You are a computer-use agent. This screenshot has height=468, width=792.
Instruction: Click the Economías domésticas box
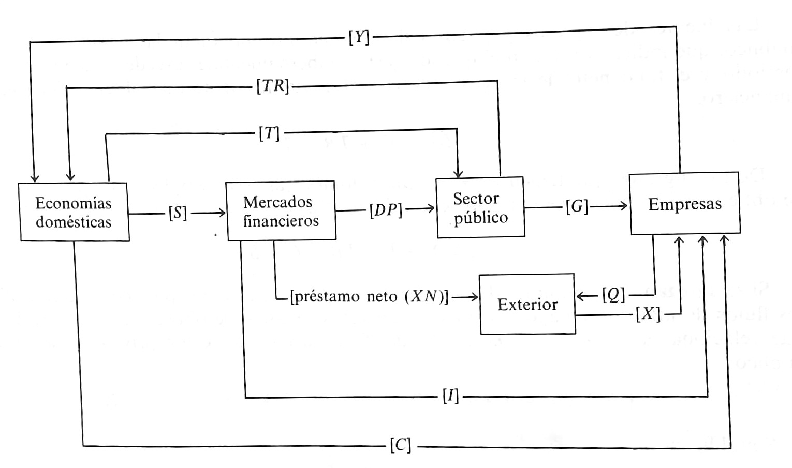pos(74,212)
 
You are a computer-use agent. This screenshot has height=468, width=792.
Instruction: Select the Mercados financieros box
pos(281,210)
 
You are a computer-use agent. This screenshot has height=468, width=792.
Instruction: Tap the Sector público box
pos(480,207)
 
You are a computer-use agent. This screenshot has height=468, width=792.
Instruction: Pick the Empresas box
pos(684,204)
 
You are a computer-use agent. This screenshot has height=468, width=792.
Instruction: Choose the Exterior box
pos(527,304)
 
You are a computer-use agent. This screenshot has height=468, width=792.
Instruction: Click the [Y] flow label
pos(359,37)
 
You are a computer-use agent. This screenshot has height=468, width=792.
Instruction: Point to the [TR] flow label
pos(272,86)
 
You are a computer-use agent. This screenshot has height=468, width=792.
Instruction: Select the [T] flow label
pos(269,133)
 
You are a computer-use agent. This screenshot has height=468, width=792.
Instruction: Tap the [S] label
pos(178,213)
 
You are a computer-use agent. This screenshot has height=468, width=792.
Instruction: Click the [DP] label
pos(386,209)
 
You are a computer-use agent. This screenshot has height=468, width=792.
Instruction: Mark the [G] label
pos(577,207)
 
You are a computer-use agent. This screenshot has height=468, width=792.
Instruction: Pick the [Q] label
pos(613,295)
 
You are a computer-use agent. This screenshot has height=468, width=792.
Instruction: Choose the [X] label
pos(648,314)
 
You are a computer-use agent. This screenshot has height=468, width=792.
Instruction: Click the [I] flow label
pos(450,397)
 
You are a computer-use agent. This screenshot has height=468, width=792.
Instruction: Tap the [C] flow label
pos(400,445)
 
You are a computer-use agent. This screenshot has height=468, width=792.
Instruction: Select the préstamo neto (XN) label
pos(369,297)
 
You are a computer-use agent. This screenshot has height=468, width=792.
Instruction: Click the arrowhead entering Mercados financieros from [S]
pos(223,213)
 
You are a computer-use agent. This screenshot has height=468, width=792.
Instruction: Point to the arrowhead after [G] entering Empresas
pos(624,206)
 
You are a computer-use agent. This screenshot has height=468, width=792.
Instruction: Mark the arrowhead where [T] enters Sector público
pos(458,174)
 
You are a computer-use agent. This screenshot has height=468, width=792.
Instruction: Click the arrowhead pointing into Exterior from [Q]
pos(580,296)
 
